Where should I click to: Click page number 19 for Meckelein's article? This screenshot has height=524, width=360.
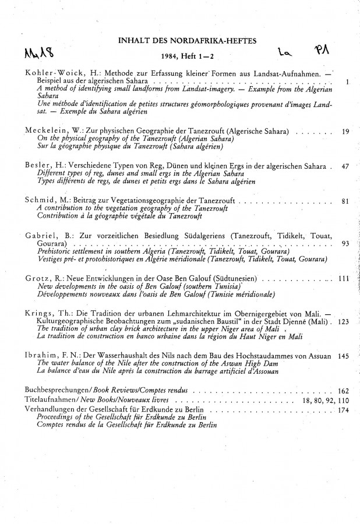pyautogui.click(x=345, y=132)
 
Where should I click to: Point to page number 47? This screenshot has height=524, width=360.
pyautogui.click(x=345, y=167)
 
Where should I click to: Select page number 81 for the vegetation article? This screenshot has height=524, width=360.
pyautogui.click(x=345, y=201)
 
